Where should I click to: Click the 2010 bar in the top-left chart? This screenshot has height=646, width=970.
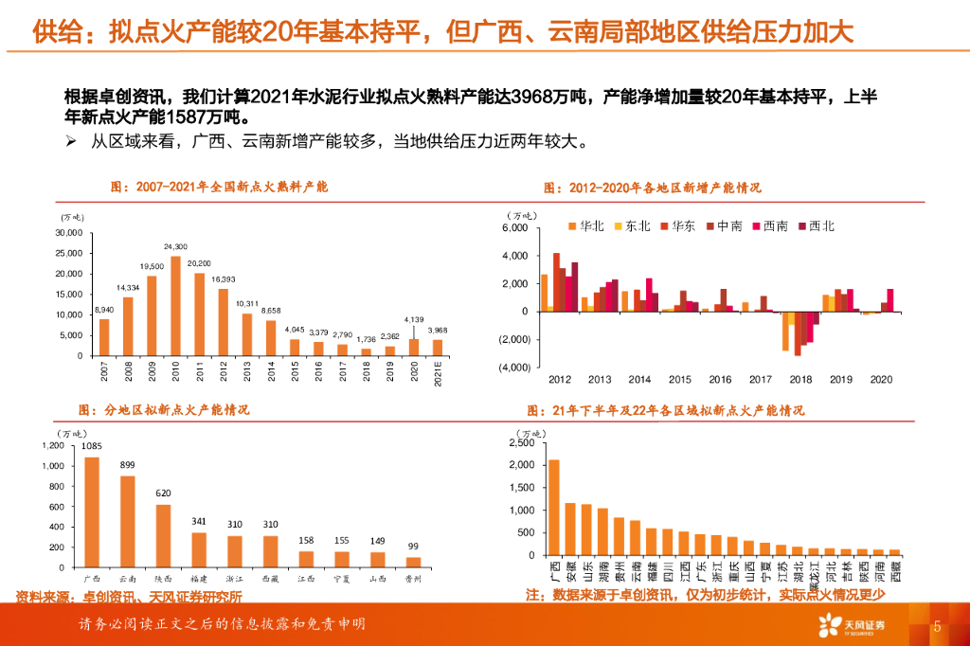pos(175,306)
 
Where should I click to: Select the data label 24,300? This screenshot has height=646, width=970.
pos(175,246)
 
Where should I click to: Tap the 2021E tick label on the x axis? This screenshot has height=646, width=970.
pos(437,372)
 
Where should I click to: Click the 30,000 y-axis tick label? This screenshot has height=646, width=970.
pos(68,233)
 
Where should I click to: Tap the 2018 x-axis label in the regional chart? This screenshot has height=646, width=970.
pos(800,379)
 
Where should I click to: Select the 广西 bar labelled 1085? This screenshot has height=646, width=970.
pos(92,511)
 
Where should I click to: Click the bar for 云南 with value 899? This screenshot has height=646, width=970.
pos(127,521)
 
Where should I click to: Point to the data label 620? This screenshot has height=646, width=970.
pos(163,493)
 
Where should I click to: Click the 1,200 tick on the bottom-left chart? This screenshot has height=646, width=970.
pos(52,445)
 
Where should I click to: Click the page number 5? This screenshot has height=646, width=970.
pos(937,627)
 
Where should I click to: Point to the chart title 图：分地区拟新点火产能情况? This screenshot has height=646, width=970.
pos(163,410)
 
